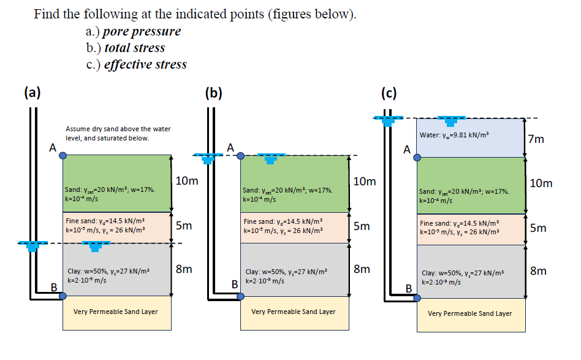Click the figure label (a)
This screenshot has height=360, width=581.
pos(32,93)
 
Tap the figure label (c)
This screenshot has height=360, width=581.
pos(389,93)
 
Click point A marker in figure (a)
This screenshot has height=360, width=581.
pos(63,155)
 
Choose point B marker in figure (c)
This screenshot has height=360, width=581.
pos(417,297)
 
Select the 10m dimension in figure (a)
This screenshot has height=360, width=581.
pos(186,181)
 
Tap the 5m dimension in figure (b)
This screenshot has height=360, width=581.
pos(362,226)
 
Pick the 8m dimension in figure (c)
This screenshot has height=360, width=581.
pos(538,270)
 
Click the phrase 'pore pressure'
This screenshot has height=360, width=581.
pos(142,31)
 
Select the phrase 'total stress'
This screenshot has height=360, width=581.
pos(134,47)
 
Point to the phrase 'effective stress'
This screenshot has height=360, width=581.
pos(145,64)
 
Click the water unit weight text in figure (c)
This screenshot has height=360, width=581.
pos(455,135)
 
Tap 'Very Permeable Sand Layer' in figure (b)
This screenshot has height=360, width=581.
pos(294,312)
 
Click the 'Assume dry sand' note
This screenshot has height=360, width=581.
pos(118,133)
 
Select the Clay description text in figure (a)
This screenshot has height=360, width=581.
pos(108,275)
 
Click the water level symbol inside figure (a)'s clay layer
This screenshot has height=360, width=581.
pos(94,246)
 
